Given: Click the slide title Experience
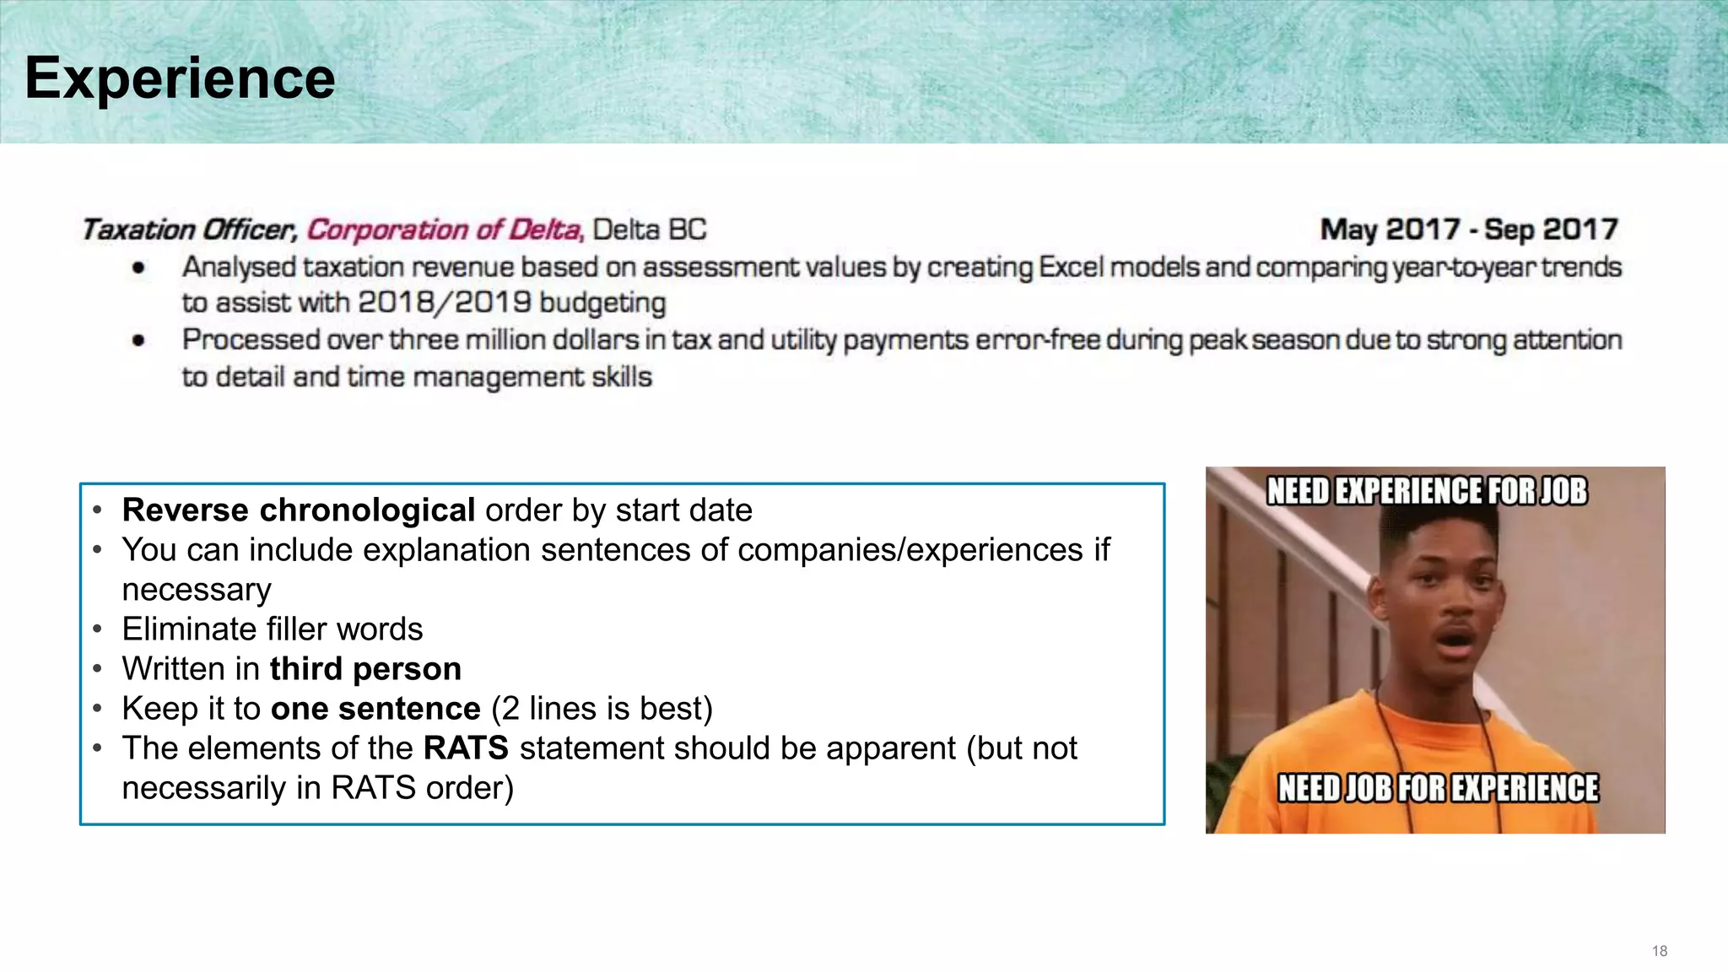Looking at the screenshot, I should [x=180, y=78].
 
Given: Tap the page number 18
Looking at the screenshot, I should [x=1659, y=951].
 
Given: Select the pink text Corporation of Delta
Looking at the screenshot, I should [x=445, y=229].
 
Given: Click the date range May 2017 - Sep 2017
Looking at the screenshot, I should [x=1468, y=229].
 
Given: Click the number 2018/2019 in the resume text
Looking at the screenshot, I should [x=444, y=303].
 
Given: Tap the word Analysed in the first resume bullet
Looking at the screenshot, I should [x=239, y=267].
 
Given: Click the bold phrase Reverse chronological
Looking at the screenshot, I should [x=299, y=510].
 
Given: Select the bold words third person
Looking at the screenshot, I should [x=365, y=669].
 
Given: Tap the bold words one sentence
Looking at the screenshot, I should [x=375, y=709].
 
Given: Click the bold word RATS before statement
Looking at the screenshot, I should [x=466, y=748].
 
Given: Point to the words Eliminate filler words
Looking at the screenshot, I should [x=272, y=629].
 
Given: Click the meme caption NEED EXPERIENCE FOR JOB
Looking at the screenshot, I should [x=1426, y=491].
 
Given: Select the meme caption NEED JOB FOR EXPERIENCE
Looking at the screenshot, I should [x=1438, y=788].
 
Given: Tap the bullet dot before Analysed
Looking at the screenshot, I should [x=138, y=268].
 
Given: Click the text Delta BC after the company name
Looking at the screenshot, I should [x=649, y=229].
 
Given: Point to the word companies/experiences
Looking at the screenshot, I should [x=910, y=550].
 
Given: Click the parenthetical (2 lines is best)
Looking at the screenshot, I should [x=602, y=709].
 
